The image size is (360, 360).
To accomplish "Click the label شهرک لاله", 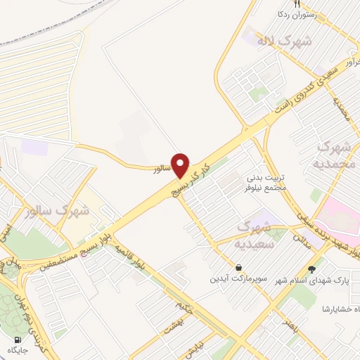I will pyautogui.click(x=283, y=42).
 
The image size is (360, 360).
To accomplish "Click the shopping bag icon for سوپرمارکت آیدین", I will pyautogui.click(x=240, y=267).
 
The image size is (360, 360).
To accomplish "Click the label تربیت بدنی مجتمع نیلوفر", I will pyautogui.click(x=268, y=182).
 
